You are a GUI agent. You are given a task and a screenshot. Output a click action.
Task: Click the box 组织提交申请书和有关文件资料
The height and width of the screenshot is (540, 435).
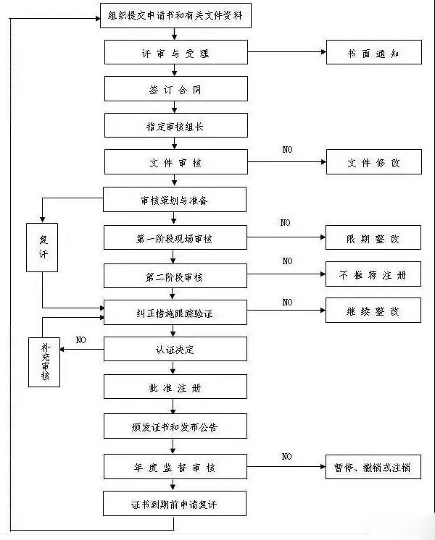175,15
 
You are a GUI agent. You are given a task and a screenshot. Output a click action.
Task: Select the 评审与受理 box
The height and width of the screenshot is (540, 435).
175,53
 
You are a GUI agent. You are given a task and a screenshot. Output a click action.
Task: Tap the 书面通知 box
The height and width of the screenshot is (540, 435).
373,53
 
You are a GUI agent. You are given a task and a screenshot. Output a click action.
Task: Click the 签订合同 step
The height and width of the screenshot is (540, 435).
175,89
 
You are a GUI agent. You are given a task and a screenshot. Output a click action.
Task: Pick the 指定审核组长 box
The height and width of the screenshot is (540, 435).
175,125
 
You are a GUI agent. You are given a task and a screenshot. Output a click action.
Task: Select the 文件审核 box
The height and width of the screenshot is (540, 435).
175,162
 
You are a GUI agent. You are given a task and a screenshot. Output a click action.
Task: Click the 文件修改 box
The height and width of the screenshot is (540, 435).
373,163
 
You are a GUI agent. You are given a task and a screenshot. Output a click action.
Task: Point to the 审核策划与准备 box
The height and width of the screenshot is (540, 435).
175,200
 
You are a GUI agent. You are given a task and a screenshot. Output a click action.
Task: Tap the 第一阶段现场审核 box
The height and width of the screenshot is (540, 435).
175,237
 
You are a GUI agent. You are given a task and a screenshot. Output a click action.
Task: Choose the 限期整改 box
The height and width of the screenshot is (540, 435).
373,238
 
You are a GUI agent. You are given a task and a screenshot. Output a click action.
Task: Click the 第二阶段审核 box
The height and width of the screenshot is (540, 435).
175,276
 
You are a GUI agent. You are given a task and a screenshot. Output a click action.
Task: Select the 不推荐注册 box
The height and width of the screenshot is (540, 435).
373,275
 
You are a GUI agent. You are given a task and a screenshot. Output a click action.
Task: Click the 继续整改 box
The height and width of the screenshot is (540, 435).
373,311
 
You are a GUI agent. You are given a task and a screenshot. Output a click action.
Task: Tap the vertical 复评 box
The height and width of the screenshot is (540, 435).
42,247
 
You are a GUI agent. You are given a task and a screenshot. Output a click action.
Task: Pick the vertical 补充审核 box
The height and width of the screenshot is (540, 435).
45,360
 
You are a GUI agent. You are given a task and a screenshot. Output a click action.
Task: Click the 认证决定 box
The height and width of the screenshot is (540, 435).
175,350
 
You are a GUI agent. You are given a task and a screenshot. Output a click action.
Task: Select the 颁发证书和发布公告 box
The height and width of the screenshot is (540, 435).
175,426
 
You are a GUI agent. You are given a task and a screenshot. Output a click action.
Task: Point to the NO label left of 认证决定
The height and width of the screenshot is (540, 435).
81,339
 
